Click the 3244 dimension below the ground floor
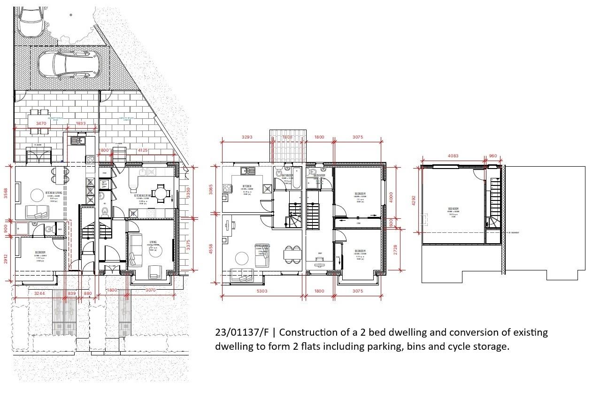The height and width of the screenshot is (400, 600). coord(40,293)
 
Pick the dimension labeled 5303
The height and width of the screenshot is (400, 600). coord(262,291)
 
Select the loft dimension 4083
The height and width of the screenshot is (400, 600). coord(452,156)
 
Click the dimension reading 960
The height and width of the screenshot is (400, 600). coord(492,156)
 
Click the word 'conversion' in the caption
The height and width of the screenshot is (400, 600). coord(473,333)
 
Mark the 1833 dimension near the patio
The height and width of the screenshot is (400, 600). coord(82,123)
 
